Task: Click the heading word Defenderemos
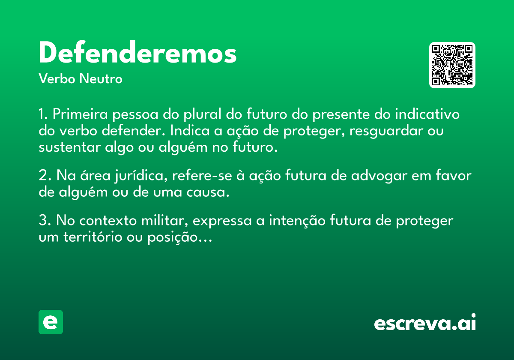click(x=137, y=52)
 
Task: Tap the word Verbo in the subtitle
click(x=57, y=78)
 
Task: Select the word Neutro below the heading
click(x=101, y=78)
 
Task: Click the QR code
click(x=452, y=65)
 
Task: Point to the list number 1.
click(x=43, y=114)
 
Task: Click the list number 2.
click(x=45, y=175)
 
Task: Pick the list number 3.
click(x=45, y=220)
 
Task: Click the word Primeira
click(x=80, y=114)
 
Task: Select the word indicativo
click(x=427, y=114)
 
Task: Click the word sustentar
click(x=69, y=147)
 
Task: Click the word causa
click(x=208, y=192)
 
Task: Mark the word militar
click(x=164, y=221)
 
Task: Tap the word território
click(x=93, y=237)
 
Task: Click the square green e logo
click(x=51, y=322)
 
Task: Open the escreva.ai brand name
click(x=425, y=322)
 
